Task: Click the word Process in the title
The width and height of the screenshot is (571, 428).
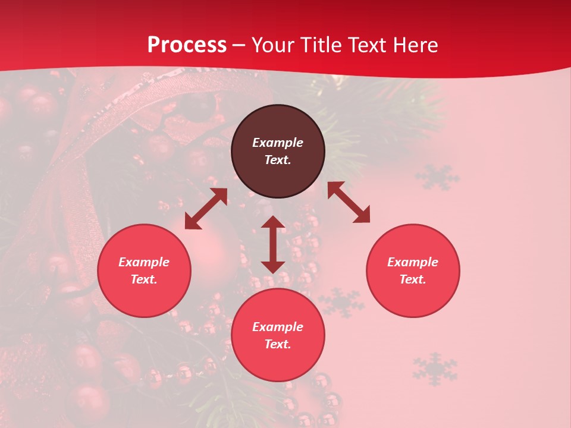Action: point(187,45)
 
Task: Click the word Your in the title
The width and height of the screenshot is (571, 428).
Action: point(271,45)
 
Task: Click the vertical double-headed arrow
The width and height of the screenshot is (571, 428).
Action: point(273,244)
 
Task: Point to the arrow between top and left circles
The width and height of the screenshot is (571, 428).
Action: point(206,209)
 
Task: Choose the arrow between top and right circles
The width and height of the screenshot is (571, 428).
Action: point(349,202)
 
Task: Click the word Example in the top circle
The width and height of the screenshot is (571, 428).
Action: point(278,143)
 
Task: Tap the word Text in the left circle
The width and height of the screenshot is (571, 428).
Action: point(144,279)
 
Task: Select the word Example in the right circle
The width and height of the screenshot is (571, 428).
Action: point(413,262)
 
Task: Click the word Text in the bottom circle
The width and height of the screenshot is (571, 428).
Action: point(278,344)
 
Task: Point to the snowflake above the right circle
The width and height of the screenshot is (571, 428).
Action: point(437,177)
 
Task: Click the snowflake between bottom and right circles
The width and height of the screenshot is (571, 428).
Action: point(341,302)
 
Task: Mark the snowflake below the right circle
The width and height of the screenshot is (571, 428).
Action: point(435,368)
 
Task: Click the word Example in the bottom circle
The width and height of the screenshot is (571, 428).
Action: point(278,327)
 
